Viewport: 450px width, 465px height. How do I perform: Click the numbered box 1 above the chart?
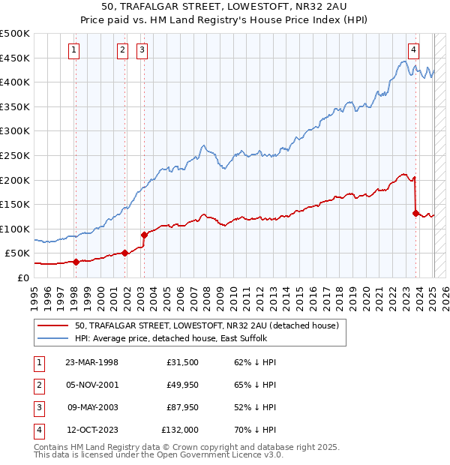(x=75, y=50)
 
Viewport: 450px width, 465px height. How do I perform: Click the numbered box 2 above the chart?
(x=122, y=50)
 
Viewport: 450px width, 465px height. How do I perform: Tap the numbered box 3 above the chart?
(x=142, y=50)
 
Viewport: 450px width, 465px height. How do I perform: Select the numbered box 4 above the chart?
(x=413, y=50)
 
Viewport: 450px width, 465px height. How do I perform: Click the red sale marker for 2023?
(x=415, y=213)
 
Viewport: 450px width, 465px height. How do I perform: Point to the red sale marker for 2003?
(x=143, y=235)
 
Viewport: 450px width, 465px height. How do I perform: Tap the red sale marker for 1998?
(x=76, y=262)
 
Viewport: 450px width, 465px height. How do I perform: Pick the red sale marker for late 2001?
(x=124, y=253)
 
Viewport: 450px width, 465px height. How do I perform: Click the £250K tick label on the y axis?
(x=14, y=155)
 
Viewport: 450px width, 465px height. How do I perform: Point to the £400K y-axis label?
(x=14, y=82)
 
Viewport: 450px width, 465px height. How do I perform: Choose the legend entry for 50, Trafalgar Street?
(x=207, y=325)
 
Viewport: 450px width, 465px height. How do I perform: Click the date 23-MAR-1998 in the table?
(x=91, y=362)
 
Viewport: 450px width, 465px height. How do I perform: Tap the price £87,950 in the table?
(x=180, y=409)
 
